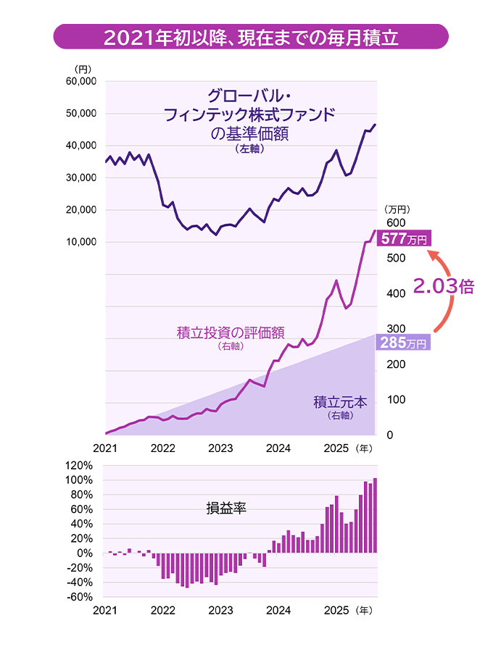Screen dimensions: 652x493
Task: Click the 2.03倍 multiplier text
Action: click(x=443, y=287)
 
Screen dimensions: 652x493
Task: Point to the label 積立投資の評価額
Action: click(x=230, y=333)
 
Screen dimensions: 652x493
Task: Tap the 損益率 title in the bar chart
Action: click(x=227, y=509)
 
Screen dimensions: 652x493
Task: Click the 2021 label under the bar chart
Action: click(x=105, y=611)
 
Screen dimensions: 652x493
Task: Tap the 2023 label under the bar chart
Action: click(x=220, y=611)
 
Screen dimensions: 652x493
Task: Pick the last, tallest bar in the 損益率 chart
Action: click(x=375, y=515)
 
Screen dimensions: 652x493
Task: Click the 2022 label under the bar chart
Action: click(x=163, y=611)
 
